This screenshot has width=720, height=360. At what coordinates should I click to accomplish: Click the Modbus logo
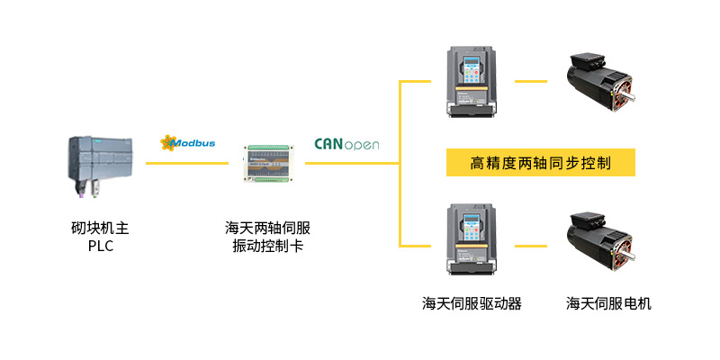click(187, 142)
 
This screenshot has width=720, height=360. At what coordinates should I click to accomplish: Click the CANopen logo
click(346, 143)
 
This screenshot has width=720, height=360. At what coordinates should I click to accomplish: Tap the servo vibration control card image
click(267, 164)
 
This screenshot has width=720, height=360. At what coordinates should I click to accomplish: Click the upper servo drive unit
click(471, 82)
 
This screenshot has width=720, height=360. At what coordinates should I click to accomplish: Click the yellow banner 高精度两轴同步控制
click(541, 163)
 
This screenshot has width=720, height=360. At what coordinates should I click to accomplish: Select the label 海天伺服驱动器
click(472, 303)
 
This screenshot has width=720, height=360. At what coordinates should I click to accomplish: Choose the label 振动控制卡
click(267, 246)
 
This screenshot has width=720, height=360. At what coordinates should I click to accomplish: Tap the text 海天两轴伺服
click(267, 227)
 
